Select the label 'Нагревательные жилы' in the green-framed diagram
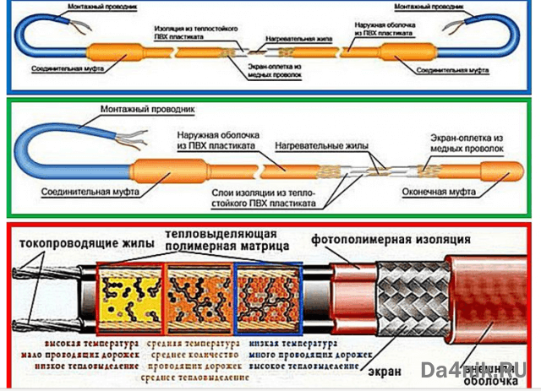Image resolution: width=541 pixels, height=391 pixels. (320, 146)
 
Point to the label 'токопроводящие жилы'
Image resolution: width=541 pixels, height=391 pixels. (83, 243)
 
